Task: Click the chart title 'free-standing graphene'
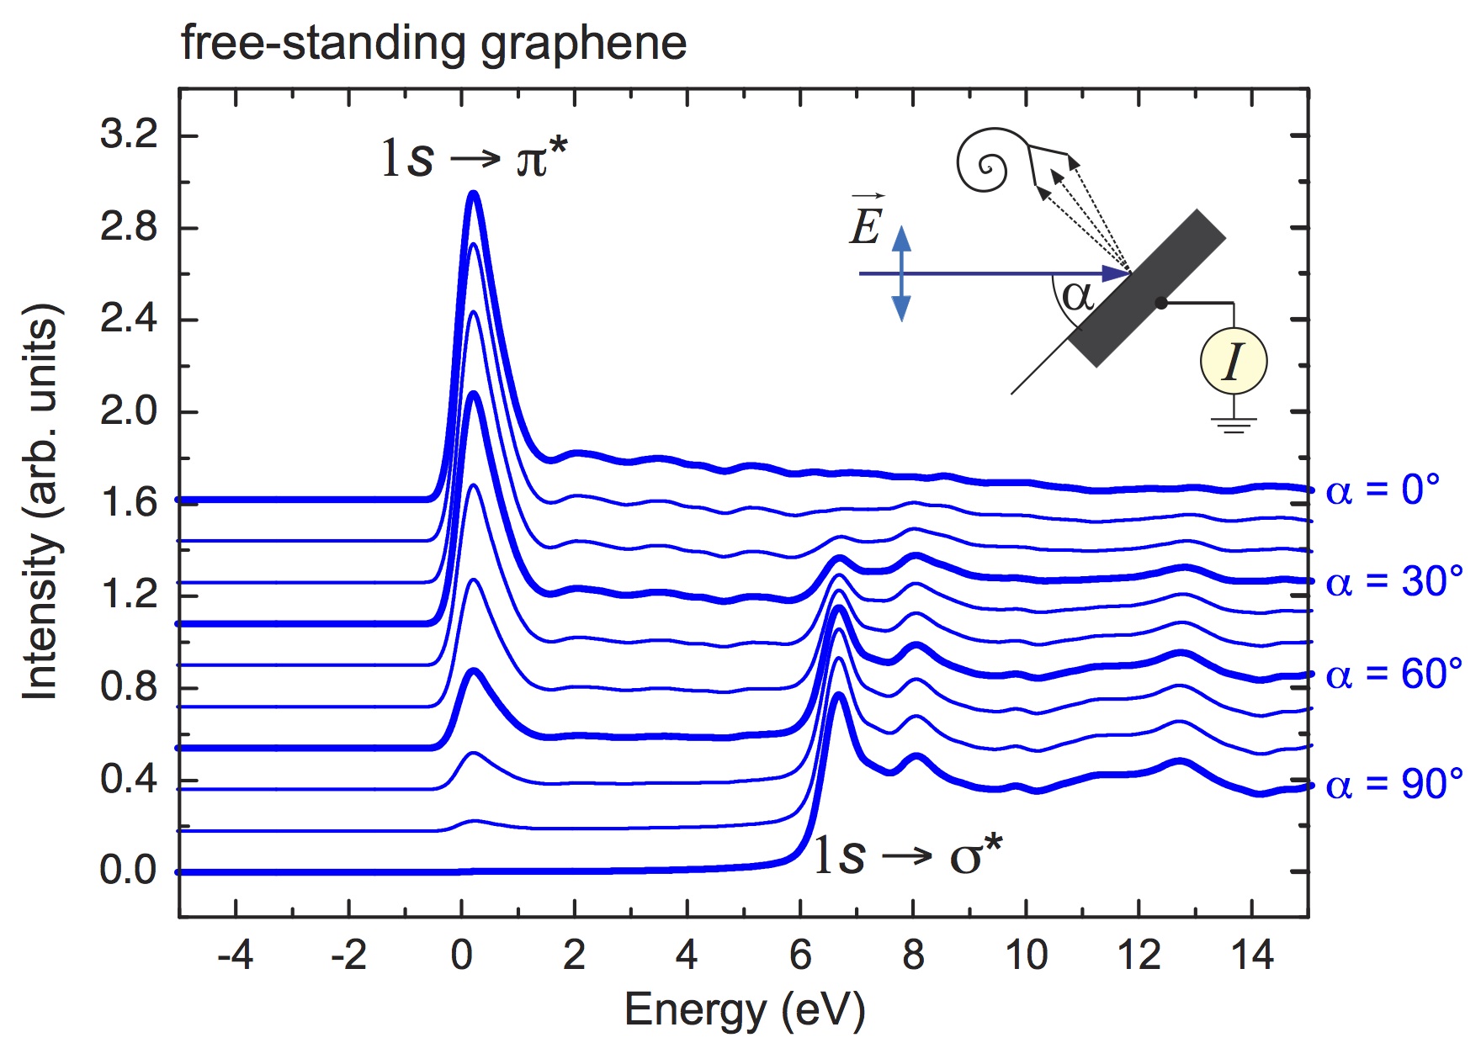click(433, 44)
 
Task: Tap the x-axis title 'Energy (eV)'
click(744, 1009)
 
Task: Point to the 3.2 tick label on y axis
click(129, 135)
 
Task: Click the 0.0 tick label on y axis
click(129, 870)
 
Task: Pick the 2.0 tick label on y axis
click(129, 411)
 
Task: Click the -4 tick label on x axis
click(236, 956)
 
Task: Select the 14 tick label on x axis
click(1251, 956)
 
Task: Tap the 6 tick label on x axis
click(800, 956)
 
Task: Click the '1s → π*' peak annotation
click(474, 157)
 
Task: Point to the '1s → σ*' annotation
click(907, 855)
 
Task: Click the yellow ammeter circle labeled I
click(1233, 362)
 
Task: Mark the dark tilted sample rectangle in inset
click(1147, 288)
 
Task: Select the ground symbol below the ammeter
click(1234, 425)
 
